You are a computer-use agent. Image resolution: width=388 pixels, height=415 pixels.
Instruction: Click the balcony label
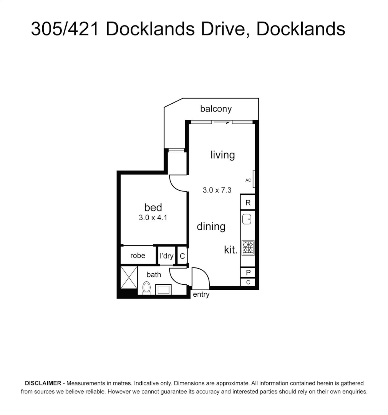coord(216,109)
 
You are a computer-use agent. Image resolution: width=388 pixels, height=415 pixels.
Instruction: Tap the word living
coord(222,155)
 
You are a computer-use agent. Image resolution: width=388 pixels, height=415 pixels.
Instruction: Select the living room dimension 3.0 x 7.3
coord(217,190)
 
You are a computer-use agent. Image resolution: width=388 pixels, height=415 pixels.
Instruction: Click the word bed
coord(153,207)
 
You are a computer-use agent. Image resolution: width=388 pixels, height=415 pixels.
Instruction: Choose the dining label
coord(211,226)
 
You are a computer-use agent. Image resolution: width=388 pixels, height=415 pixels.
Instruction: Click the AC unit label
coord(248,180)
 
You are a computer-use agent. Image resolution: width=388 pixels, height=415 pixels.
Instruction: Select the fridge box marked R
coord(248,203)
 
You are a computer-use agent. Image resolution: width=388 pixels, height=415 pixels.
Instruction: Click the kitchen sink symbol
coord(247,219)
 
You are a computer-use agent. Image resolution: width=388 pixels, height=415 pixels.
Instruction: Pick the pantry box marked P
coord(248,273)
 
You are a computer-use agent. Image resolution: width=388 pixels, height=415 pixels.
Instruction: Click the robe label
coord(138,256)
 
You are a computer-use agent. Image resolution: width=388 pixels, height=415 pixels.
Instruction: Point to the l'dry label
coord(167,256)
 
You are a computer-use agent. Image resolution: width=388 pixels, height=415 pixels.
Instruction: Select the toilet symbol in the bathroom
coord(146,288)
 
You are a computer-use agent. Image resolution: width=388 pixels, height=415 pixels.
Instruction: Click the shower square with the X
coord(128,276)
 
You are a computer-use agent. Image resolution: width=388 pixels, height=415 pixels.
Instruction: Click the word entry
coord(201,295)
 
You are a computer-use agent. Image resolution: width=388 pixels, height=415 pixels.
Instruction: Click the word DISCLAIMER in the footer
coord(43,383)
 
